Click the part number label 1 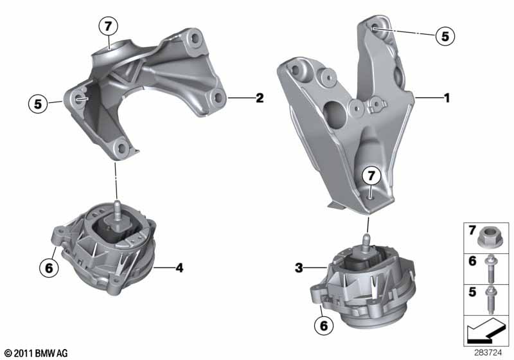(447, 98)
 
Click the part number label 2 (260, 98)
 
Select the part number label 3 (299, 268)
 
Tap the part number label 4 (179, 268)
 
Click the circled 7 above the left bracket (109, 26)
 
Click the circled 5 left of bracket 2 (38, 104)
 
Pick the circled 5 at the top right (445, 36)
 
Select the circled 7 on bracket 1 (371, 175)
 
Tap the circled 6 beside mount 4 (49, 268)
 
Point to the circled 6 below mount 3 (324, 325)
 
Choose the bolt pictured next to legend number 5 (491, 300)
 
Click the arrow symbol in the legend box (486, 331)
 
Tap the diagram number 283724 (488, 353)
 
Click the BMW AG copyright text (37, 353)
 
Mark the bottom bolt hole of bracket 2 (121, 148)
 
